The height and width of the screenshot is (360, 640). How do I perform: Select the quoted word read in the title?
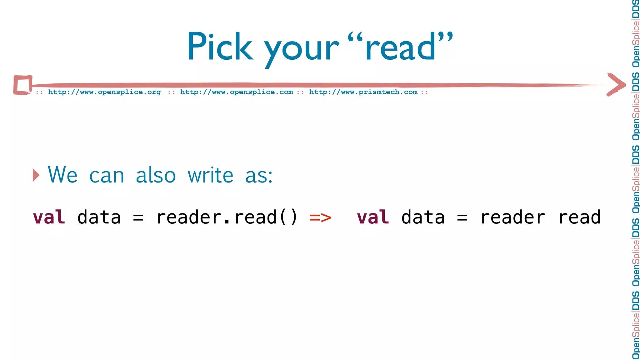pos(400,47)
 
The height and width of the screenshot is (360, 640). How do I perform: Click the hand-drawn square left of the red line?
pos(22,85)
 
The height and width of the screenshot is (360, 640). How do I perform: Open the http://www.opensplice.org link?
pos(104,92)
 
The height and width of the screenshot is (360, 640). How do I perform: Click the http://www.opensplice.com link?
pos(237,92)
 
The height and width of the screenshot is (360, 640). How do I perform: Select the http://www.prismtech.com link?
pos(363,92)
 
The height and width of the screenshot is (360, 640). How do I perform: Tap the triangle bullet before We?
pos(36,175)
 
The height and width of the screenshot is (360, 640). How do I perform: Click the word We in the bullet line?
pos(62,175)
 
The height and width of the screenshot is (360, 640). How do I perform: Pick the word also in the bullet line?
pos(156,175)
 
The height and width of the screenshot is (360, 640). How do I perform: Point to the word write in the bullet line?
pos(210,175)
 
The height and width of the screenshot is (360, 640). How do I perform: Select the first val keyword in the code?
pos(49,217)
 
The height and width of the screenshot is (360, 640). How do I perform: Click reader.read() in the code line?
pos(227,217)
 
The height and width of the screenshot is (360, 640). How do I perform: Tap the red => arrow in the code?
pos(320,217)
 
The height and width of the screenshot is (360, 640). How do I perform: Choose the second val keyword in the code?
pos(373,217)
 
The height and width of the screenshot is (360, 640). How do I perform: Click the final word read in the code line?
pos(579,217)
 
